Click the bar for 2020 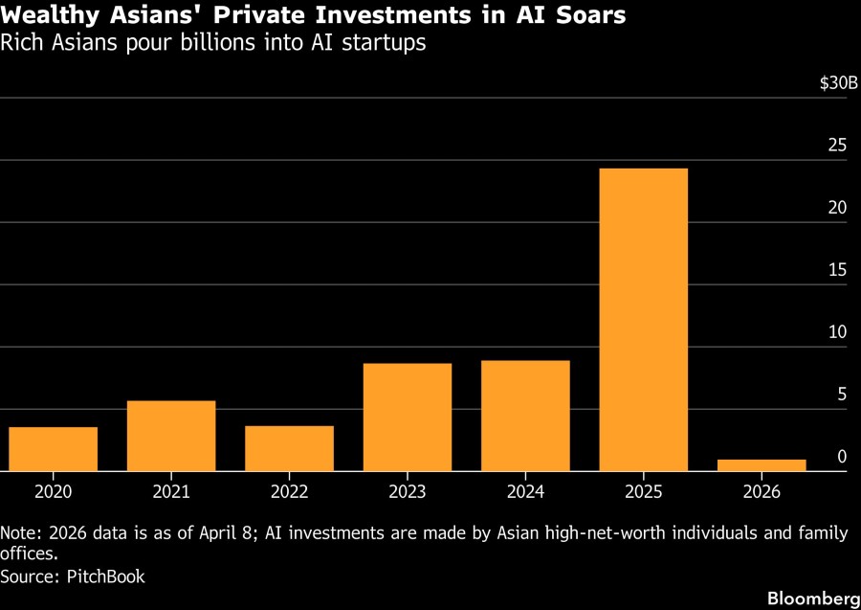(x=54, y=449)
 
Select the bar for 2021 (x=171, y=436)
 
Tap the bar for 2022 (x=289, y=448)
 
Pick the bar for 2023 (x=408, y=418)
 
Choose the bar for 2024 (x=525, y=416)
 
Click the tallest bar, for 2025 (x=643, y=320)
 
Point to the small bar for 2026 (x=762, y=465)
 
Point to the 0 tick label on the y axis (x=842, y=457)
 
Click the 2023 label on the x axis (x=408, y=491)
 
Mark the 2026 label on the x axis (x=762, y=491)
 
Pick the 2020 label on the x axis (x=54, y=491)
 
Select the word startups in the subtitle (x=386, y=44)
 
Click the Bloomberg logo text (x=807, y=599)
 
